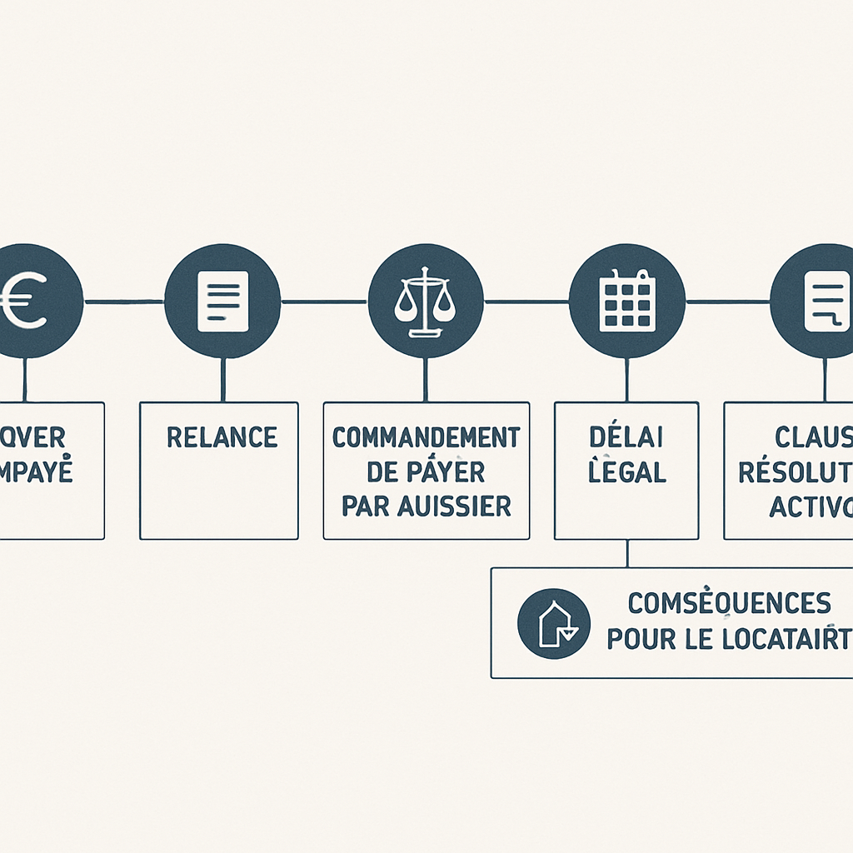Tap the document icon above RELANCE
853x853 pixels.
pyautogui.click(x=222, y=301)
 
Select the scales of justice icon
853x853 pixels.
pyautogui.click(x=425, y=301)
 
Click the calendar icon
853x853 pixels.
pyautogui.click(x=626, y=301)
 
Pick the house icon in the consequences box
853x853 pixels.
pyautogui.click(x=553, y=624)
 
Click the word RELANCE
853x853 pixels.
pyautogui.click(x=222, y=436)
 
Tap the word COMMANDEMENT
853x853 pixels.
pyautogui.click(x=426, y=436)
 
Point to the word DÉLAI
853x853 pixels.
pyautogui.click(x=626, y=436)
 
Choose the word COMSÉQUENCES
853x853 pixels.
pyautogui.click(x=728, y=601)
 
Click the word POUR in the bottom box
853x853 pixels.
pyautogui.click(x=639, y=639)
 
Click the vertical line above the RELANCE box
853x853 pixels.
pyautogui.click(x=222, y=380)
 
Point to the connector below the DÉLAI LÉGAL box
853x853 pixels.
pyautogui.click(x=626, y=553)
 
